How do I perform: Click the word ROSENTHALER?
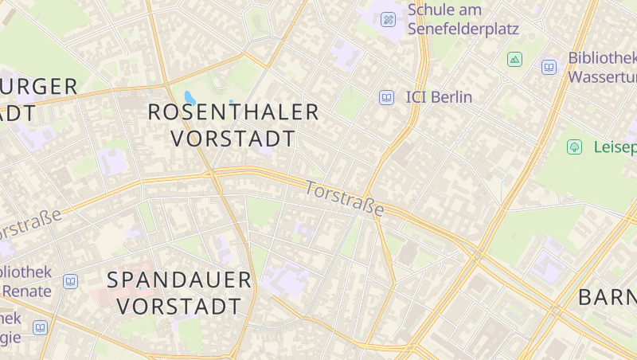[x=233, y=112]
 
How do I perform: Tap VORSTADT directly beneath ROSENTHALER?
[x=233, y=139]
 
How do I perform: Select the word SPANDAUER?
[x=179, y=280]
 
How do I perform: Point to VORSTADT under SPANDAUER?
[x=179, y=307]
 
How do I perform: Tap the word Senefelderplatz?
[x=463, y=29]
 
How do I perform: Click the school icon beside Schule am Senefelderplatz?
[x=389, y=19]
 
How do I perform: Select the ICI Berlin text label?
[x=439, y=97]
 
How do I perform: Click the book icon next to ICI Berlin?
[x=386, y=97]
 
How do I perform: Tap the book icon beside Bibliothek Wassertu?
[x=549, y=67]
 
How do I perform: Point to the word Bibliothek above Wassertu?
[x=602, y=58]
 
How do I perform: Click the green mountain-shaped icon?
[x=514, y=59]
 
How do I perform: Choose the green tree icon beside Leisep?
[x=574, y=147]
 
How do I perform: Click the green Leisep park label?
[x=615, y=147]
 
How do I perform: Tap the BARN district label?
[x=607, y=298]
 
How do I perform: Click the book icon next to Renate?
[x=71, y=281]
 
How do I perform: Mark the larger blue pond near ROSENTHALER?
[x=190, y=99]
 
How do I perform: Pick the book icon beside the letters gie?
[x=40, y=327]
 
